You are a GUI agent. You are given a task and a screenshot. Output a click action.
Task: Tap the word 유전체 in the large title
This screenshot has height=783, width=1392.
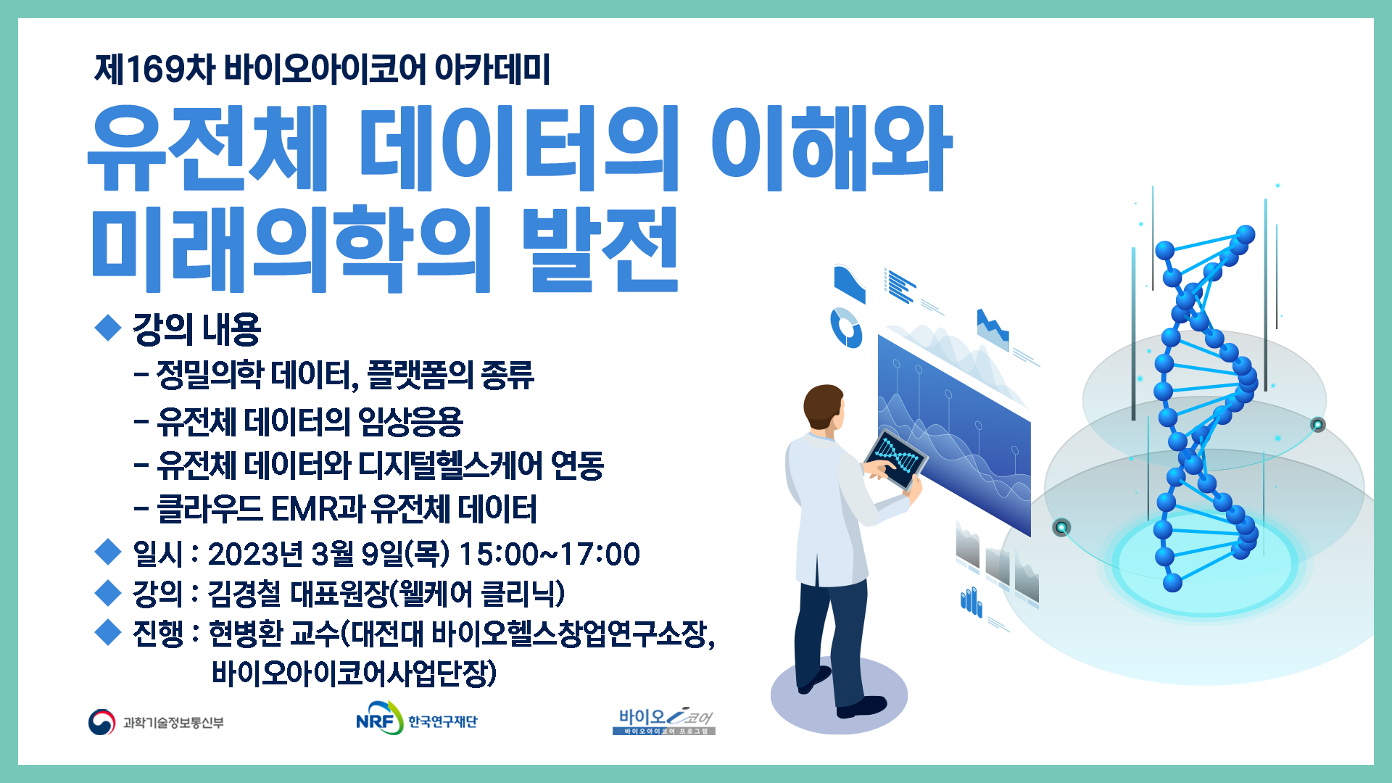coord(209,149)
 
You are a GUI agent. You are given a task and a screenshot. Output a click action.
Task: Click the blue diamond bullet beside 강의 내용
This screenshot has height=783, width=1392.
coord(108,327)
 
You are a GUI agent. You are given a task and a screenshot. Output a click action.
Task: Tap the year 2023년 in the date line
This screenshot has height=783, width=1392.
coord(255,555)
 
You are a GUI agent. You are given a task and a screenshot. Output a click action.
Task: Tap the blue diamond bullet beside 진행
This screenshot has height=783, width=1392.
coord(108,632)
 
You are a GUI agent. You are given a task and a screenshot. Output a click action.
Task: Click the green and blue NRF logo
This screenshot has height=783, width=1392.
coord(378,718)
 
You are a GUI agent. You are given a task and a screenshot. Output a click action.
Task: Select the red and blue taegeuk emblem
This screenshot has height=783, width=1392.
coord(102,722)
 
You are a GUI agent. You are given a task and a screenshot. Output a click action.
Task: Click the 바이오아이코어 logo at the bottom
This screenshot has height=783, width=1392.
coord(664,721)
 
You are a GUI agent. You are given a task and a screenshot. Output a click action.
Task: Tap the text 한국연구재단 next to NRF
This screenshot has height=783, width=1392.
coord(442,721)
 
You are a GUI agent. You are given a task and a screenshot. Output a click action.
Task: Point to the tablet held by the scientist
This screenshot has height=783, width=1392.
coord(896,460)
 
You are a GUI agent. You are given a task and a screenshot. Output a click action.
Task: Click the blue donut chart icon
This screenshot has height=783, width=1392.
coord(846,328)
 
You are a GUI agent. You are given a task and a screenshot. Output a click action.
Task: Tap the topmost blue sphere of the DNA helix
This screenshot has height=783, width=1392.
coord(1245,235)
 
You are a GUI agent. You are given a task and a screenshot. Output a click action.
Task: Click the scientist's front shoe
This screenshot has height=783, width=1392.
coord(863,706)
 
